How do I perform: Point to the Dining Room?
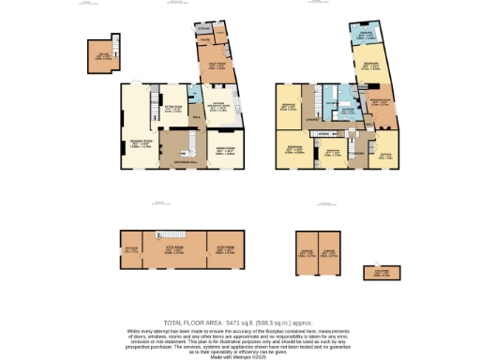[x=226, y=150]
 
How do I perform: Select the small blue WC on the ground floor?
[x=194, y=95]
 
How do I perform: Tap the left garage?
[x=306, y=251]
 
